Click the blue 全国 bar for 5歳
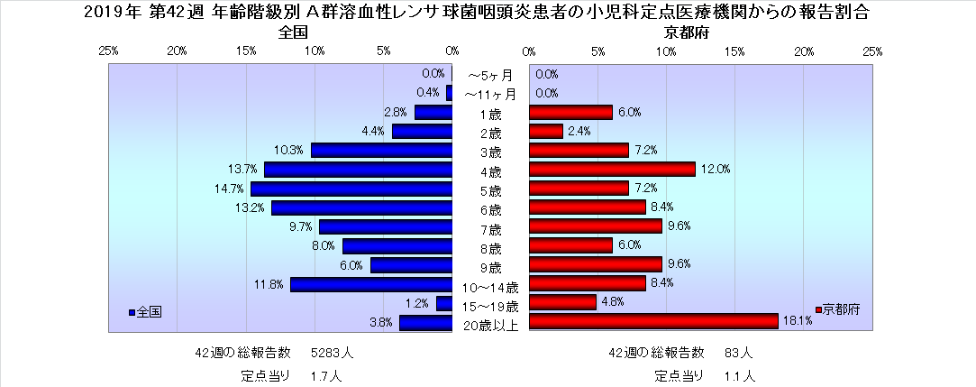point(351,189)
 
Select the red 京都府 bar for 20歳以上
point(653,321)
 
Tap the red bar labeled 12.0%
point(612,170)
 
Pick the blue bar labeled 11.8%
point(370,285)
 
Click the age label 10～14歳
point(489,287)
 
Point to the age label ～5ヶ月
point(489,75)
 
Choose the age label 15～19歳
point(489,306)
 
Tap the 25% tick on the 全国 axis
point(108,51)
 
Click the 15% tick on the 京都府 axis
point(735,51)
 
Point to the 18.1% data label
point(798,320)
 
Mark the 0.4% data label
point(427,93)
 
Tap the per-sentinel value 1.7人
point(325,373)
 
